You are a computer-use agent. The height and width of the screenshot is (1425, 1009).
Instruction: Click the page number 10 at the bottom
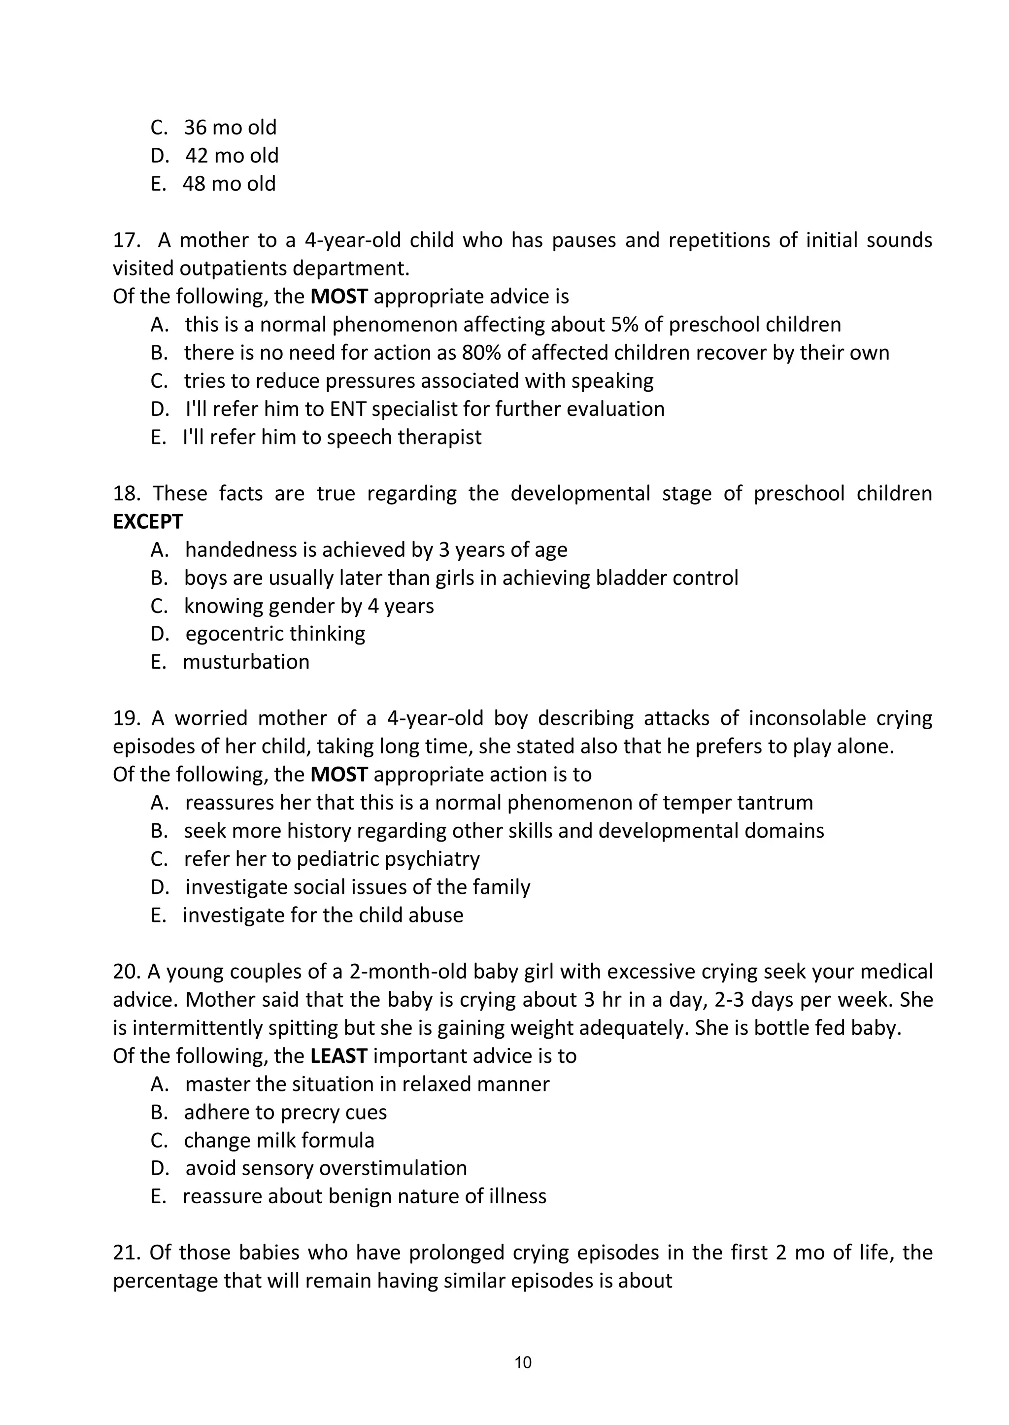point(523,1362)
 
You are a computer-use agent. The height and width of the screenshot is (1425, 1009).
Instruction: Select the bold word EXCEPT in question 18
point(148,522)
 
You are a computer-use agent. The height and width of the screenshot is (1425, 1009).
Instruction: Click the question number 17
point(128,240)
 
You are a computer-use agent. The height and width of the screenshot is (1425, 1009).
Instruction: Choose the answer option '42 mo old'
point(232,155)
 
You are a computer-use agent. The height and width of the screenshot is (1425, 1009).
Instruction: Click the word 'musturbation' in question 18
point(246,662)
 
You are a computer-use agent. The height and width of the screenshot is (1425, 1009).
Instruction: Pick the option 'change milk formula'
point(279,1140)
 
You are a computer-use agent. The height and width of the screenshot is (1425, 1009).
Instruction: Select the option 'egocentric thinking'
point(275,634)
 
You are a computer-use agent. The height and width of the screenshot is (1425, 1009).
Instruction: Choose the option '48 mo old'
point(229,184)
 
